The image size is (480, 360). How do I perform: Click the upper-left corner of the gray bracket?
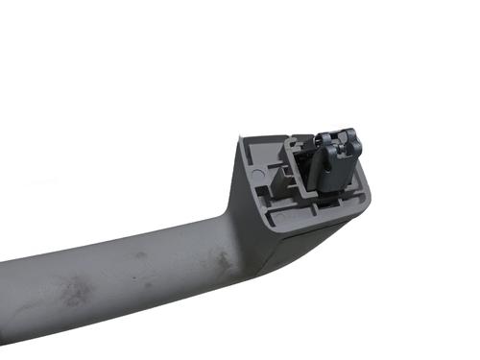[x=242, y=140]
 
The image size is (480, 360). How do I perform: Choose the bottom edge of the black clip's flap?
[x=331, y=192]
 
